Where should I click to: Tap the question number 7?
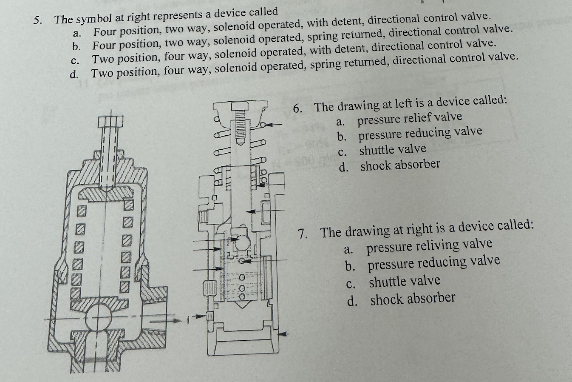(x=303, y=234)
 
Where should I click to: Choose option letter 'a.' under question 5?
(x=77, y=33)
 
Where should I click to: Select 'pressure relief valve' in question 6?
(x=410, y=118)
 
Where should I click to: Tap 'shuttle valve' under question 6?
(x=393, y=150)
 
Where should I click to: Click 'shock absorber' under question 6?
(x=400, y=165)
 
